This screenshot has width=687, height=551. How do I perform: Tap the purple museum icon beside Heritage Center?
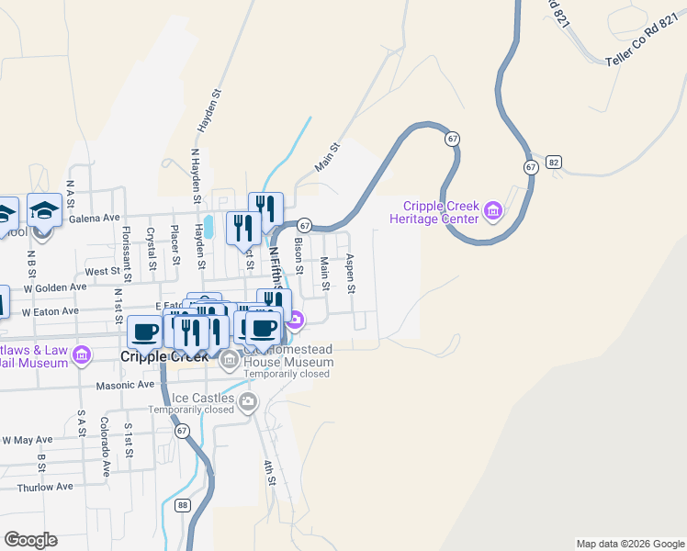point(493,212)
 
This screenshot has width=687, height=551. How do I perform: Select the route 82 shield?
point(553,162)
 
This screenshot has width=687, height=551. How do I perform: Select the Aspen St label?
point(351,275)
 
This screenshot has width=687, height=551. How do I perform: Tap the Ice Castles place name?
point(203,399)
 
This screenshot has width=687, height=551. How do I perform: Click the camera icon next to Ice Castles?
point(247,401)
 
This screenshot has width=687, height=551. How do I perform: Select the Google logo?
point(30,540)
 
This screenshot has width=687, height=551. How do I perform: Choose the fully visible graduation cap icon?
point(44,212)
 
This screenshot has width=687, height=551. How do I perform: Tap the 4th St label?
point(270,474)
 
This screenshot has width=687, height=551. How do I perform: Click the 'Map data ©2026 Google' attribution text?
point(629,544)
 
